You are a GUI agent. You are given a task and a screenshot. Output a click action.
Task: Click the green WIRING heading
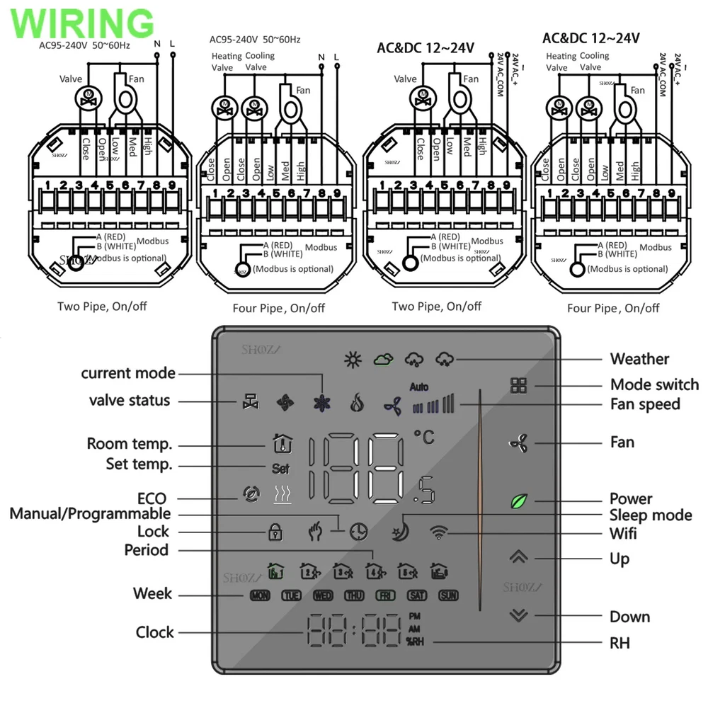click(x=83, y=23)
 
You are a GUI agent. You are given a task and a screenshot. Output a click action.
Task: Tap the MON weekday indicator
click(x=260, y=595)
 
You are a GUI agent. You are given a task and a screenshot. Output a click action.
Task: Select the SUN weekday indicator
click(x=448, y=595)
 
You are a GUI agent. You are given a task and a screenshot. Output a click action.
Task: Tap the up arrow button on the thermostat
click(x=519, y=556)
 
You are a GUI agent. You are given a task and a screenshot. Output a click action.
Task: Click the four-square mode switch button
click(x=519, y=386)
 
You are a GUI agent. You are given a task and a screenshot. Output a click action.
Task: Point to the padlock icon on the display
click(x=275, y=532)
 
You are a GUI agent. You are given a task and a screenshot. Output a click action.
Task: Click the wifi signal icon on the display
click(x=439, y=532)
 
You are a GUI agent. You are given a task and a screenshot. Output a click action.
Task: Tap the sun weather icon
click(x=352, y=360)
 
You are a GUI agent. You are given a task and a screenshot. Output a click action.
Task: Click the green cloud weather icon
click(x=383, y=360)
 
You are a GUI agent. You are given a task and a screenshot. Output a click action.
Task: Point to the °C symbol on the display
click(x=424, y=437)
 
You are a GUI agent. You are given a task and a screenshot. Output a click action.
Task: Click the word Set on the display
click(x=280, y=468)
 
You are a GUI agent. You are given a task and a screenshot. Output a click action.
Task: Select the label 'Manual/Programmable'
click(x=90, y=513)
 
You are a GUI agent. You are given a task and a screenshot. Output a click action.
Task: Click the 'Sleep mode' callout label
click(x=651, y=515)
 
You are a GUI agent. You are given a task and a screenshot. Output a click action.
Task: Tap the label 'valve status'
click(x=130, y=400)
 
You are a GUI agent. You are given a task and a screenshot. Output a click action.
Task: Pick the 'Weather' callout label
click(x=639, y=359)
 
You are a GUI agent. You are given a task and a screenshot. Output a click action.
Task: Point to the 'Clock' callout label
click(x=155, y=632)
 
